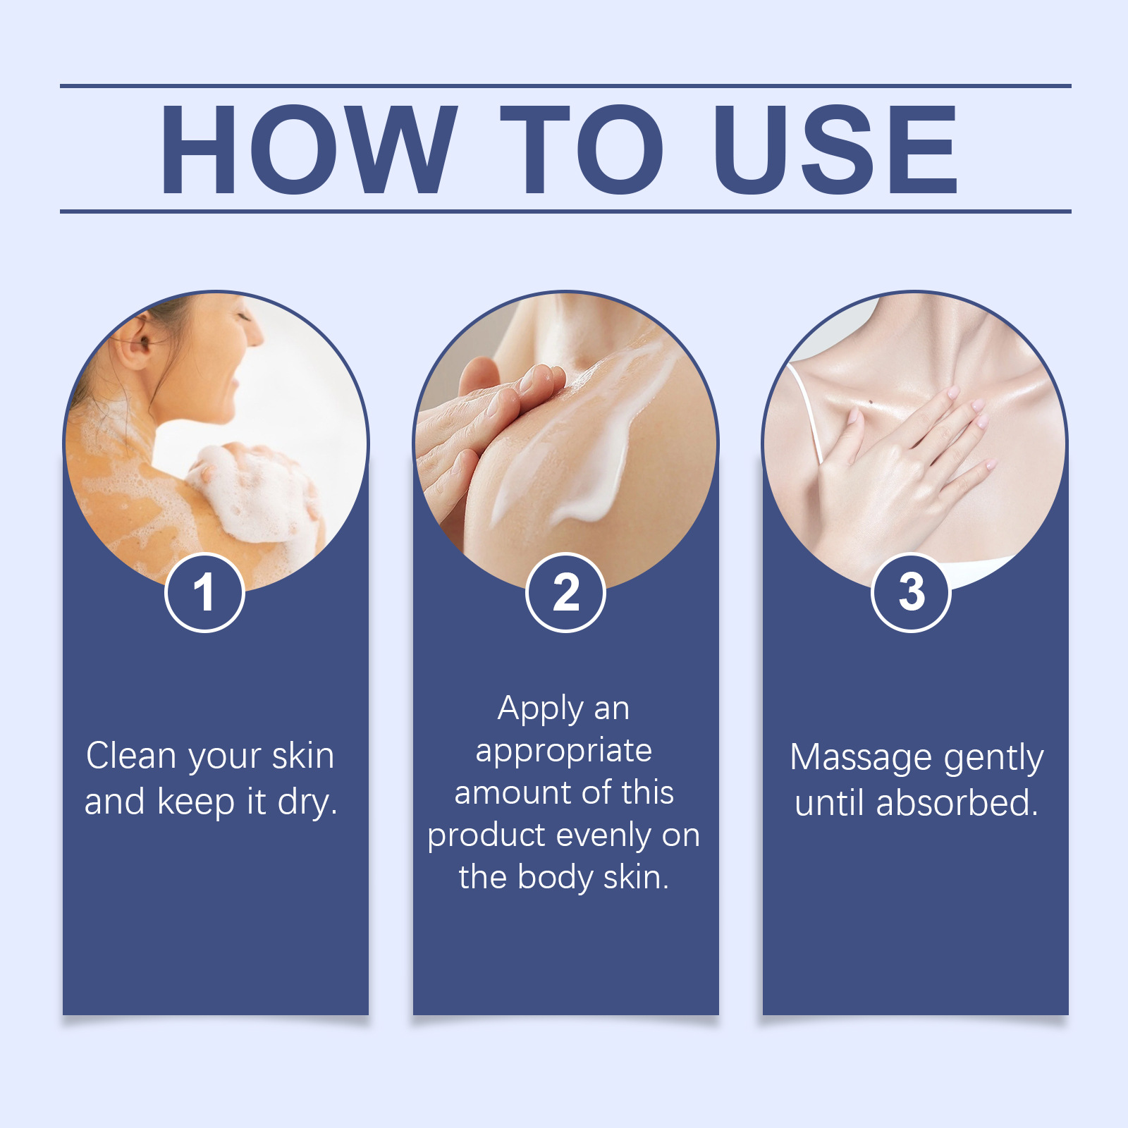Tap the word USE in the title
835,149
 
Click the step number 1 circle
204,592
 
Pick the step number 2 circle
565,592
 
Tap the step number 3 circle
912,592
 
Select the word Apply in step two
541,709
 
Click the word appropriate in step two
564,752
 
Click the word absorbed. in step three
957,803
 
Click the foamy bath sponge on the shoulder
254,493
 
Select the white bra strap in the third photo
805,412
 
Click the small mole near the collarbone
872,403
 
